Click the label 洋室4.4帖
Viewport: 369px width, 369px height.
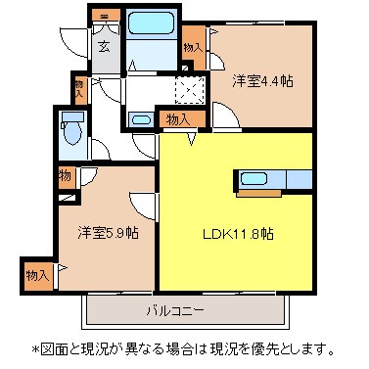click(262, 80)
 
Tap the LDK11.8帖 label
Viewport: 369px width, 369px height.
click(238, 234)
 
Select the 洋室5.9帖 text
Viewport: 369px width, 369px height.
click(108, 233)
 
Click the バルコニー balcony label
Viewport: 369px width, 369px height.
click(175, 310)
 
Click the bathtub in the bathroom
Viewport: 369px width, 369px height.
click(151, 23)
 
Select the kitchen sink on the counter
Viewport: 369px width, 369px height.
click(254, 179)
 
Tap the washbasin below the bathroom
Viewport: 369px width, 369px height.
click(141, 119)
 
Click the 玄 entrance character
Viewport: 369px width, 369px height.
click(104, 47)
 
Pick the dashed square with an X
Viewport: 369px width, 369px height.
click(190, 89)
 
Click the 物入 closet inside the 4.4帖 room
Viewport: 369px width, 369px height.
click(194, 48)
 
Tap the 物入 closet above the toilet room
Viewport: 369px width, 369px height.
click(79, 88)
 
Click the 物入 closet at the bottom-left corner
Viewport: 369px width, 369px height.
click(38, 276)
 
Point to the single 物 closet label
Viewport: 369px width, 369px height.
click(66, 176)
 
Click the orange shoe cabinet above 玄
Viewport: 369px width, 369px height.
click(105, 16)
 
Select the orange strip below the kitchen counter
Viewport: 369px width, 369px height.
click(258, 194)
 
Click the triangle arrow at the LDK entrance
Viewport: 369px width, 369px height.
click(193, 139)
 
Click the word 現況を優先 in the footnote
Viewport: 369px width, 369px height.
click(242, 349)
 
